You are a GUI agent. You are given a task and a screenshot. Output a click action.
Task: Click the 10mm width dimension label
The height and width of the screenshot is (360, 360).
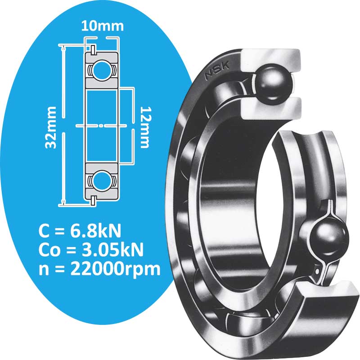(103, 26)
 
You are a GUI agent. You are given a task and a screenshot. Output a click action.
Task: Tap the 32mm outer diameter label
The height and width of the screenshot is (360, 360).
(51, 127)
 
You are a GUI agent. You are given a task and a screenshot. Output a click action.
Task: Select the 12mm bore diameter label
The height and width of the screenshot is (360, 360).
(145, 127)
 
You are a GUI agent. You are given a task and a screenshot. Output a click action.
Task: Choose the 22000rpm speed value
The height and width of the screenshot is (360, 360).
(115, 269)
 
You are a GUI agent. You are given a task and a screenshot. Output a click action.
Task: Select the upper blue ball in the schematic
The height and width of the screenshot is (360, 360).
(101, 71)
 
